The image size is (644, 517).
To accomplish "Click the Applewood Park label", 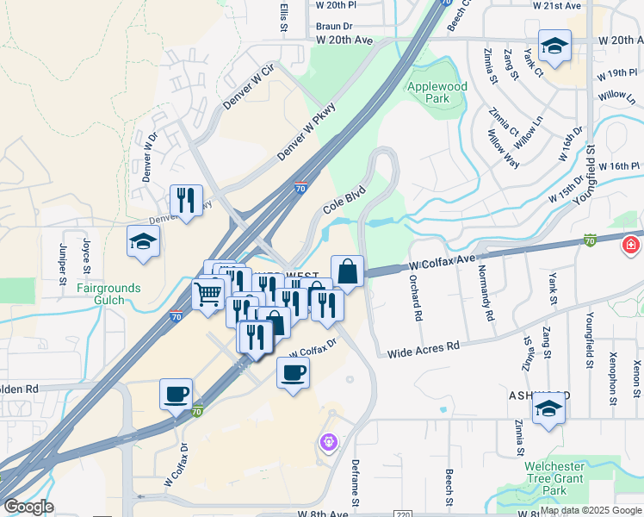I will click(437, 92).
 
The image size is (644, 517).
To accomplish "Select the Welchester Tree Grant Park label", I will click(555, 478).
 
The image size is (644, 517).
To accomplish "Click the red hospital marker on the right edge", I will click(632, 246).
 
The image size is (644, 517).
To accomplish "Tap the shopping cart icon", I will click(208, 295).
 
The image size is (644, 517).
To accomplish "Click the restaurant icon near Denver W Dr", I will click(187, 202).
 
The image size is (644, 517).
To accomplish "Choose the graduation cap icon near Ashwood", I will click(548, 409).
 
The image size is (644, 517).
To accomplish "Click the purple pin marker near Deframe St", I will click(327, 443).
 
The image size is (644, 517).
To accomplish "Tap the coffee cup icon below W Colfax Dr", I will click(293, 373).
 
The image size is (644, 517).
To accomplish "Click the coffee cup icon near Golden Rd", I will click(176, 394).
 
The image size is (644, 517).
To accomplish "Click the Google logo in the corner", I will click(28, 506).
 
